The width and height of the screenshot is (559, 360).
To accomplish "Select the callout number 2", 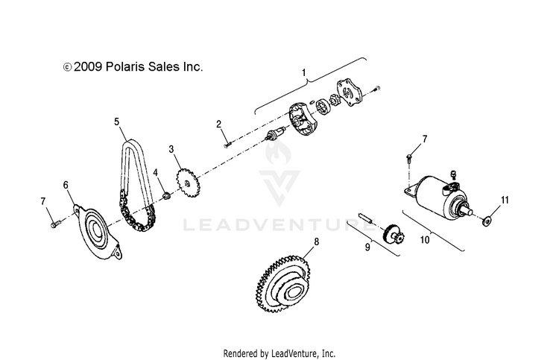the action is click(x=219, y=123).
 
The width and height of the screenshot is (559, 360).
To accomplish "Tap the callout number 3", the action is click(x=171, y=150).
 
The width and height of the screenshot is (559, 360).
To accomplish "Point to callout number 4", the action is click(x=156, y=173).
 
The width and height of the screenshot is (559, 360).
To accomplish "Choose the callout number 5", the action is click(x=117, y=120).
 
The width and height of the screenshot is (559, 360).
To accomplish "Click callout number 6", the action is click(x=66, y=183).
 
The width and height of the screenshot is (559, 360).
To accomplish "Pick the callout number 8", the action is click(x=316, y=242).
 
